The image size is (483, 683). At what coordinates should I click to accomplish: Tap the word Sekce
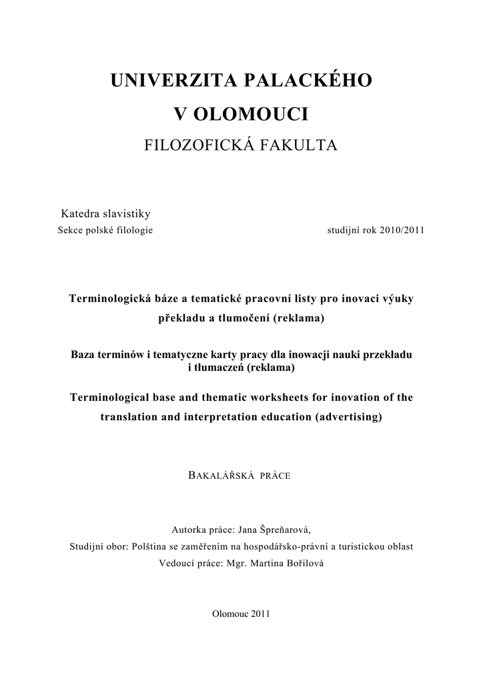click(72, 231)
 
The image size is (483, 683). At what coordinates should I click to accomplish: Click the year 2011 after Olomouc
click(260, 614)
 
